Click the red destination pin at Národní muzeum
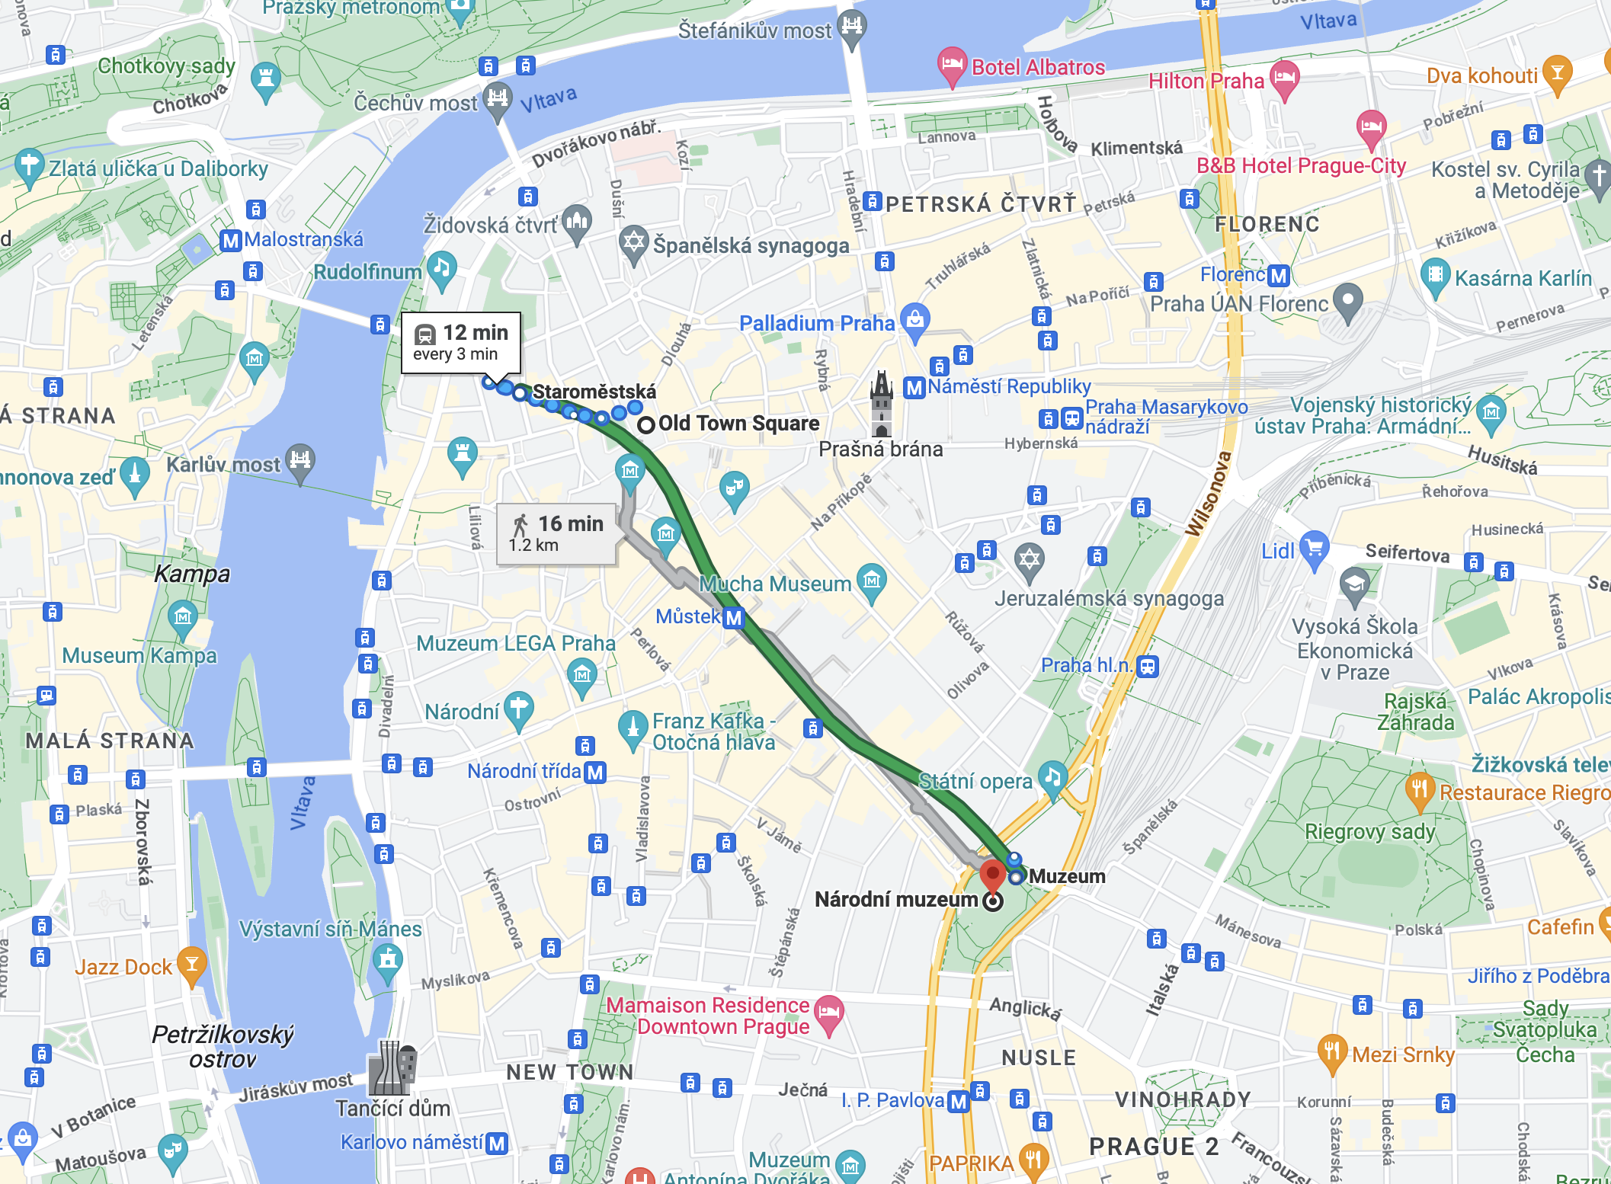pos(992,875)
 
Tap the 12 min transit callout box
pos(461,343)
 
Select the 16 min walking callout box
pos(556,533)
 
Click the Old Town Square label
pos(738,424)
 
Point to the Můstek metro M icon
pos(733,617)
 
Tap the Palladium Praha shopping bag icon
pos(915,320)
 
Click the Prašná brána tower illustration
pos(882,403)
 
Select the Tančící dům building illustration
pos(392,1068)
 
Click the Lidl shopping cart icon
pos(1315,549)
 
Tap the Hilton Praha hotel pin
pos(1285,78)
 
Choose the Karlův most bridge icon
pos(300,461)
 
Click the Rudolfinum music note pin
pos(441,269)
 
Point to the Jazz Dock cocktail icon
pos(192,965)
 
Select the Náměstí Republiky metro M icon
pos(914,388)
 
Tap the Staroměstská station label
pos(594,392)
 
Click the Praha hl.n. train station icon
pos(1148,666)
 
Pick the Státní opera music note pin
pos(1052,778)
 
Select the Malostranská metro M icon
pos(231,241)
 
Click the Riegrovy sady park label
pos(1369,831)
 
